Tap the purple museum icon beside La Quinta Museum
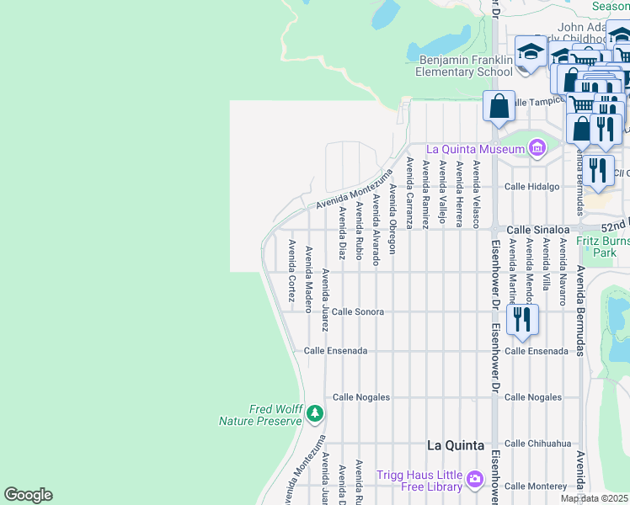537,150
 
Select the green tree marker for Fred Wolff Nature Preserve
315,413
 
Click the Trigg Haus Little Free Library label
419,481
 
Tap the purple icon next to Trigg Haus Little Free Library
475,480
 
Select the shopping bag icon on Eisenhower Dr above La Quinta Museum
499,107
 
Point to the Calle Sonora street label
357,311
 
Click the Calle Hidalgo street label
531,187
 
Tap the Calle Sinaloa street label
537,229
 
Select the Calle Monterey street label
535,486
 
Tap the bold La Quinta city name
456,444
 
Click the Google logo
28,495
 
